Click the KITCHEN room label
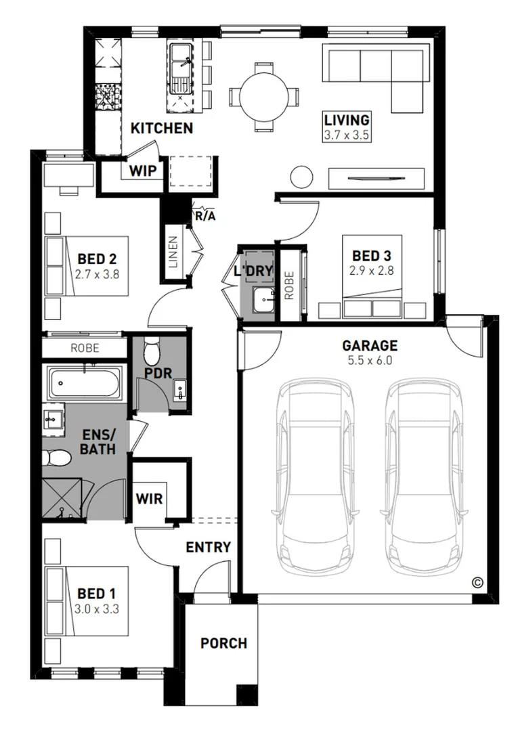(x=162, y=128)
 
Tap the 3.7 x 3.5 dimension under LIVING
(x=347, y=135)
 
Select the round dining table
(x=264, y=97)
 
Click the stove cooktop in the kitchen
(x=109, y=97)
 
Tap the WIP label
(x=143, y=171)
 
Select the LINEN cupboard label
(x=173, y=252)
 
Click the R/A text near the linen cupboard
(x=205, y=217)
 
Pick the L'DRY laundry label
(x=253, y=270)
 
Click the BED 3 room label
(x=372, y=255)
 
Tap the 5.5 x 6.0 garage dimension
(x=370, y=360)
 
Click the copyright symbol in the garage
(x=477, y=582)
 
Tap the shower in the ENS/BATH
(x=62, y=498)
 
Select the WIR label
(x=149, y=499)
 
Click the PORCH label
(x=224, y=644)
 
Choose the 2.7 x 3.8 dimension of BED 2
(x=97, y=274)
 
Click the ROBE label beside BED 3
(x=289, y=286)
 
